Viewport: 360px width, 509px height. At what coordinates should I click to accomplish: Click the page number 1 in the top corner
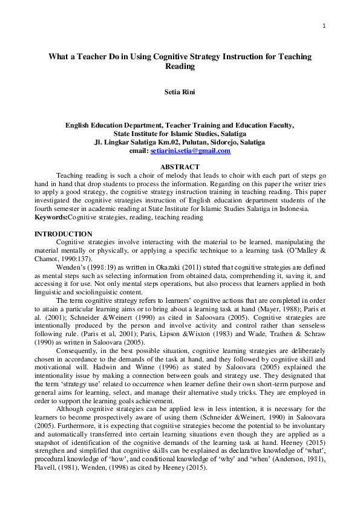324,26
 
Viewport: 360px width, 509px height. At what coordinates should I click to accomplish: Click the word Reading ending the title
180,66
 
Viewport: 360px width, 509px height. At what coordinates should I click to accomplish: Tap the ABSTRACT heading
180,166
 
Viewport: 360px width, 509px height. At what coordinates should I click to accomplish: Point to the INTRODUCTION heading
64,234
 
